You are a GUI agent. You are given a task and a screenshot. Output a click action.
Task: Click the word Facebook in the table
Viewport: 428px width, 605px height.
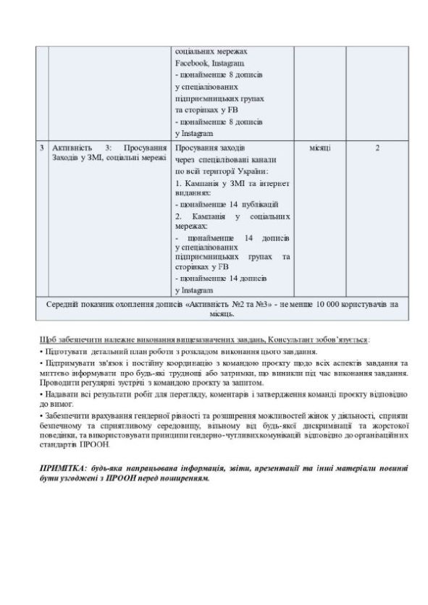coord(190,64)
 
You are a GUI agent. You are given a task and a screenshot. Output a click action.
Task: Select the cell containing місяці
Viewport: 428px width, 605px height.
coord(320,148)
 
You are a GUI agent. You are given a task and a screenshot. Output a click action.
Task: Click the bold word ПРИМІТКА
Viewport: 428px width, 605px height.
coord(62,469)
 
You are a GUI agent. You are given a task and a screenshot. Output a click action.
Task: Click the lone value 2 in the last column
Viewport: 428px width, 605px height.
coord(377,148)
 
